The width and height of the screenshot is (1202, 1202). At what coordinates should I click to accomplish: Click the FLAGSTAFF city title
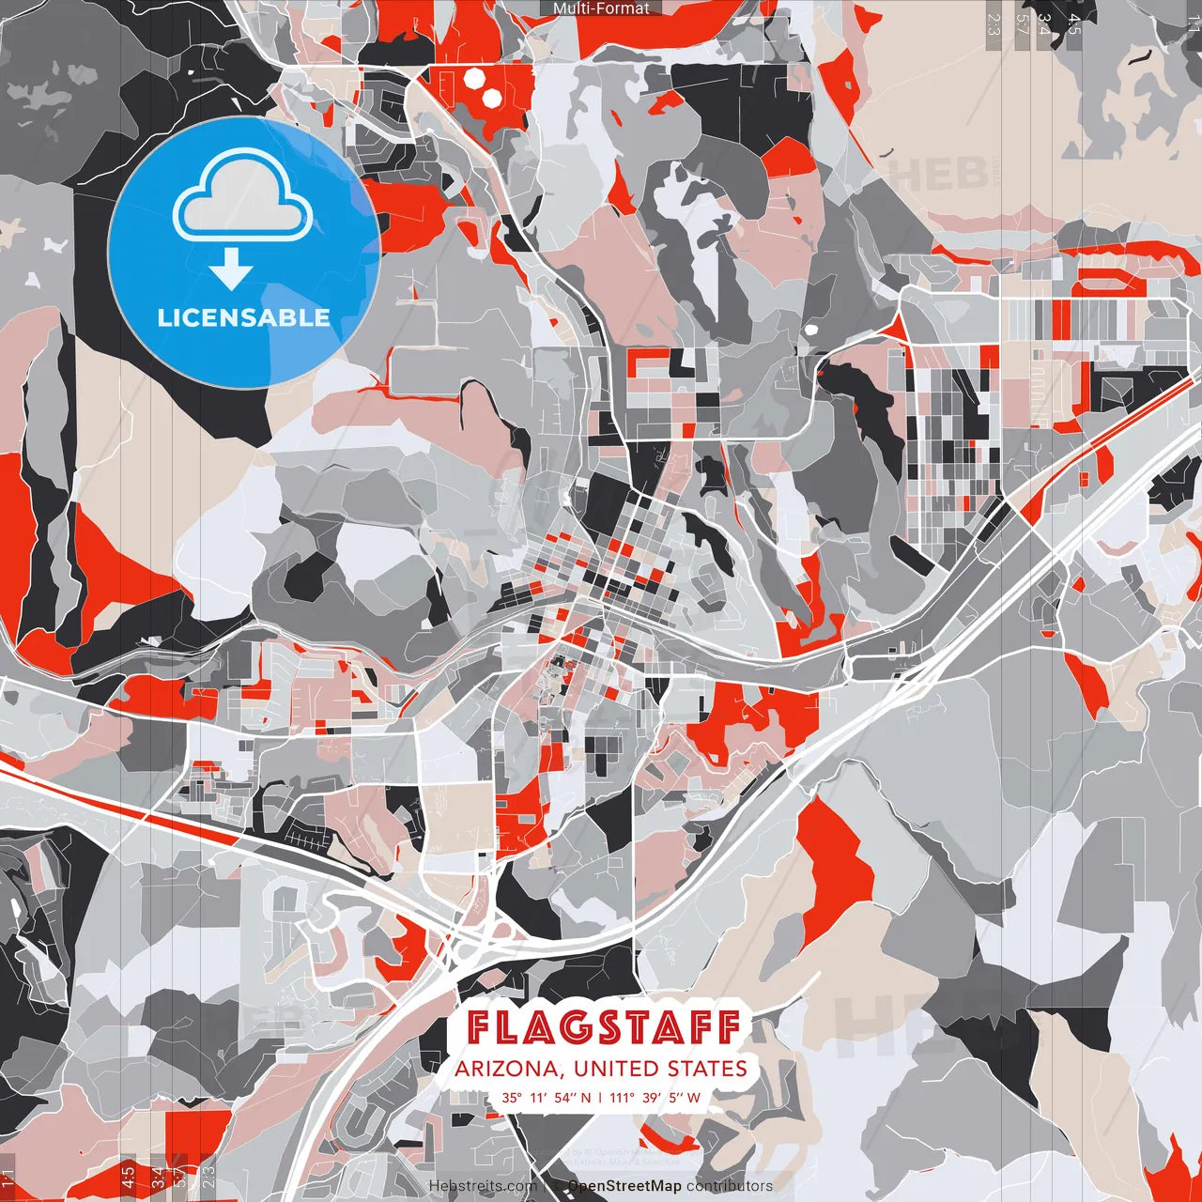click(604, 1027)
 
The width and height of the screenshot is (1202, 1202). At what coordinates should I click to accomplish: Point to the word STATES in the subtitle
click(707, 1069)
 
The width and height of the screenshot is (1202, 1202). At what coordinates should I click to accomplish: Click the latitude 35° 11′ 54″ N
click(546, 1097)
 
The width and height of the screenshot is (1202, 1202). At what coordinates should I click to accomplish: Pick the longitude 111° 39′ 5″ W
click(655, 1097)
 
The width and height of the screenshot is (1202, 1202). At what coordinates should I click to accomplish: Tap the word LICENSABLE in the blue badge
click(244, 317)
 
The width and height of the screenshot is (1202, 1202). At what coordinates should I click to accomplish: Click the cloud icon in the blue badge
click(243, 198)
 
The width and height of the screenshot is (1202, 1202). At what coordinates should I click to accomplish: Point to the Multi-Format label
click(601, 8)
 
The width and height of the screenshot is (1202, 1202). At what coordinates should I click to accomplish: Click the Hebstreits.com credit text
click(484, 1186)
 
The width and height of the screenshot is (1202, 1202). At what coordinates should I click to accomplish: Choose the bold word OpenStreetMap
click(624, 1186)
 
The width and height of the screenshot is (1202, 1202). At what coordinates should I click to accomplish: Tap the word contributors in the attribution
click(730, 1186)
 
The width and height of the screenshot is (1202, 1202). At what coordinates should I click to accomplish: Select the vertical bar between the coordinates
click(600, 1097)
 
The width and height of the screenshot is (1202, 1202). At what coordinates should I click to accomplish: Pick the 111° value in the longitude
click(623, 1097)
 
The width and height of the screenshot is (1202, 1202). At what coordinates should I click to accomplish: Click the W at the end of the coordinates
click(694, 1097)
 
